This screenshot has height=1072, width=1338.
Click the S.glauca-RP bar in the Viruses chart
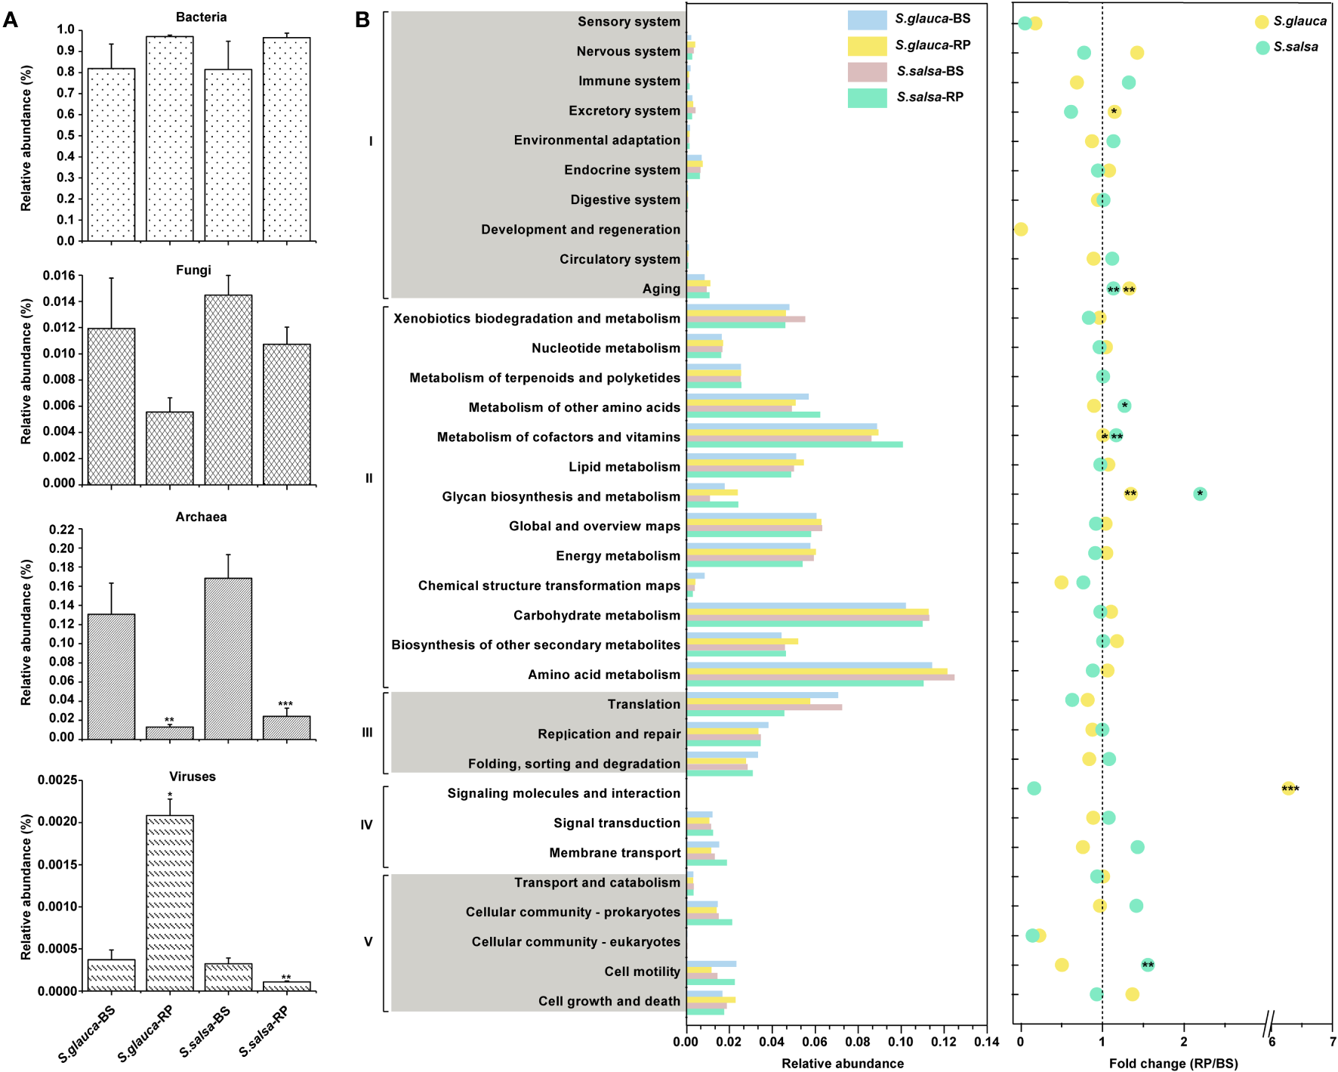tap(170, 903)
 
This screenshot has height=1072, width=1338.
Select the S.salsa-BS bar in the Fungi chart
tap(228, 389)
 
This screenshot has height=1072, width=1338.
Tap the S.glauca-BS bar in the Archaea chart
tap(112, 676)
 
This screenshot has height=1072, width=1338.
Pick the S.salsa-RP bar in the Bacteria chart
tap(287, 140)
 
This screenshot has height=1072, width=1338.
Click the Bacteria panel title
tap(201, 17)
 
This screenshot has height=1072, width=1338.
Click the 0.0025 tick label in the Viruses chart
tap(57, 780)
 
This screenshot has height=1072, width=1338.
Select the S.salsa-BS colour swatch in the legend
tap(867, 72)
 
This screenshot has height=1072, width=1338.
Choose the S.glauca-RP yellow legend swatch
tap(867, 46)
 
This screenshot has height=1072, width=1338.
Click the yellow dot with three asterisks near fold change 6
tap(1288, 789)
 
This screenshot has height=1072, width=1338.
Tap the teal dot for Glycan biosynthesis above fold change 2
tap(1200, 494)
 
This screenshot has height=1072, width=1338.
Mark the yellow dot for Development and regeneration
tap(1021, 229)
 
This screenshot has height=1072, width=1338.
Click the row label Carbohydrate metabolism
tap(597, 615)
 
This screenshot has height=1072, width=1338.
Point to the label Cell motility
tap(642, 972)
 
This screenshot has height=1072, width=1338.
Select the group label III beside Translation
tap(367, 733)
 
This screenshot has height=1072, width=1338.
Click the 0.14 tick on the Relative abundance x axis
tap(986, 1043)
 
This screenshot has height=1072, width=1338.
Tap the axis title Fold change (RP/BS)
tap(1173, 1064)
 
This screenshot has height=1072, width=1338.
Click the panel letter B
tap(362, 20)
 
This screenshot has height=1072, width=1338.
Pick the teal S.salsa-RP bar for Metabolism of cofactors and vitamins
tap(794, 444)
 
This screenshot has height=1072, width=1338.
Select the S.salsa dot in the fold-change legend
tap(1262, 48)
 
